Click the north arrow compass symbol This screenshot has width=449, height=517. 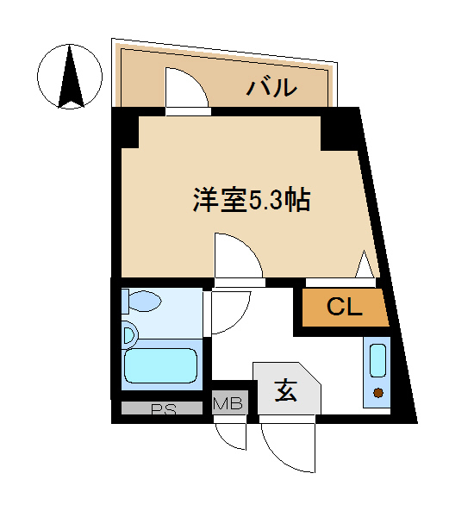pyautogui.click(x=70, y=77)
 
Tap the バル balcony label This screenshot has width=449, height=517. pyautogui.click(x=272, y=87)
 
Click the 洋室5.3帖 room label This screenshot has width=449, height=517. pyautogui.click(x=251, y=200)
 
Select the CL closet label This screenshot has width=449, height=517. pyautogui.click(x=344, y=307)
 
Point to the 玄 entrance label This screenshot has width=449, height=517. pyautogui.click(x=286, y=390)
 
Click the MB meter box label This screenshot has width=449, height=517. pyautogui.click(x=228, y=402)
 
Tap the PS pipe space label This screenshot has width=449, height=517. pyautogui.click(x=164, y=409)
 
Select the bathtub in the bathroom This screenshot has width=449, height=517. pyautogui.click(x=161, y=365)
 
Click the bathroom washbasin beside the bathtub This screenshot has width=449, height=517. pyautogui.click(x=130, y=336)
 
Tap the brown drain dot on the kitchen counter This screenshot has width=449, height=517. pyautogui.click(x=378, y=393)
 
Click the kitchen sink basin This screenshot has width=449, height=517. pyautogui.click(x=377, y=360)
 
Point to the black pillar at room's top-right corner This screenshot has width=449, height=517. pyautogui.click(x=340, y=131)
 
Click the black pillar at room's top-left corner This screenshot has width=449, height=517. pyautogui.click(x=126, y=131)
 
